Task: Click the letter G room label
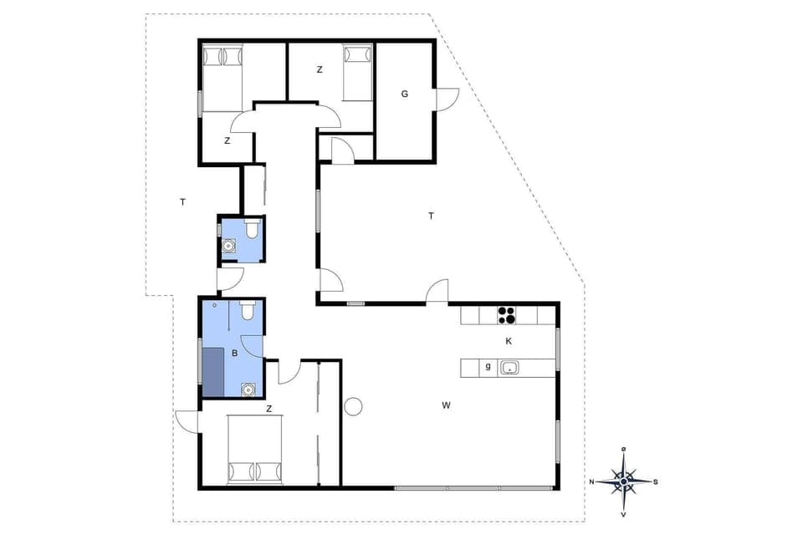[x=404, y=94]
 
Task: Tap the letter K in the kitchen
[x=509, y=341]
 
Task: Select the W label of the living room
[x=447, y=405]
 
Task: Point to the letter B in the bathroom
[x=234, y=354]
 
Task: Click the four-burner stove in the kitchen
[x=507, y=315]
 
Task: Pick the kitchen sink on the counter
[x=509, y=367]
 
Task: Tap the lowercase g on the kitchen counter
[x=487, y=366]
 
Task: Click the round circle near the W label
[x=354, y=406]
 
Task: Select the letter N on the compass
[x=591, y=481]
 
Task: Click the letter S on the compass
[x=656, y=481]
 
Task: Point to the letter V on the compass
[x=624, y=513]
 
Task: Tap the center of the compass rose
[x=624, y=481]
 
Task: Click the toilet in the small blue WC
[x=251, y=228]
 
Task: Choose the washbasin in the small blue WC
[x=229, y=247]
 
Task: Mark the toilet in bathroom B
[x=247, y=311]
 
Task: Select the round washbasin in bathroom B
[x=248, y=388]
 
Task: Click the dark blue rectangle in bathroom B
[x=214, y=372]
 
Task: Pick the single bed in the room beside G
[x=357, y=74]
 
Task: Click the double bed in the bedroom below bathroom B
[x=255, y=451]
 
